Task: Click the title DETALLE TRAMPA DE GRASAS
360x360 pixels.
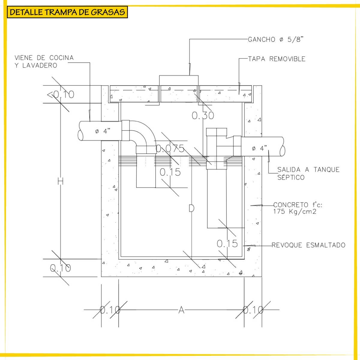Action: tap(67, 12)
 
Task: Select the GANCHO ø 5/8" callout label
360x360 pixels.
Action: tap(276, 39)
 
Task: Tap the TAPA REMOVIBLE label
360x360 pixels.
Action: tap(277, 59)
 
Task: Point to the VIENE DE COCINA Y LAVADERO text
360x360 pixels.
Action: tap(44, 61)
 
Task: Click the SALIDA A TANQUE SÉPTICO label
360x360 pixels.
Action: tap(308, 173)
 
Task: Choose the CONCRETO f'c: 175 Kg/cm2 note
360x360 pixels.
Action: tap(298, 208)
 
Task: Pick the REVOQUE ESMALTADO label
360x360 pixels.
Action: tap(308, 245)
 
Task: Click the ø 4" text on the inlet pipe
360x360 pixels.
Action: tap(103, 131)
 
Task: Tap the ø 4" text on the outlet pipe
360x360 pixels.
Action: tap(259, 148)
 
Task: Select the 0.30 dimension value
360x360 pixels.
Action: tap(203, 115)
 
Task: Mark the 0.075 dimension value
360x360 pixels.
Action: tap(170, 148)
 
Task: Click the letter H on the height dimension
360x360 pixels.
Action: tap(60, 181)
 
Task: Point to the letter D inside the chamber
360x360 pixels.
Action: tap(191, 208)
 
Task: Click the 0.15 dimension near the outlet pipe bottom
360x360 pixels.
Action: tap(227, 244)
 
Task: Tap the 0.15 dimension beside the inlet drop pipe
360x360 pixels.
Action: tap(170, 172)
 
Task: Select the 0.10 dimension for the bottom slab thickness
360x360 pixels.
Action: tap(60, 268)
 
